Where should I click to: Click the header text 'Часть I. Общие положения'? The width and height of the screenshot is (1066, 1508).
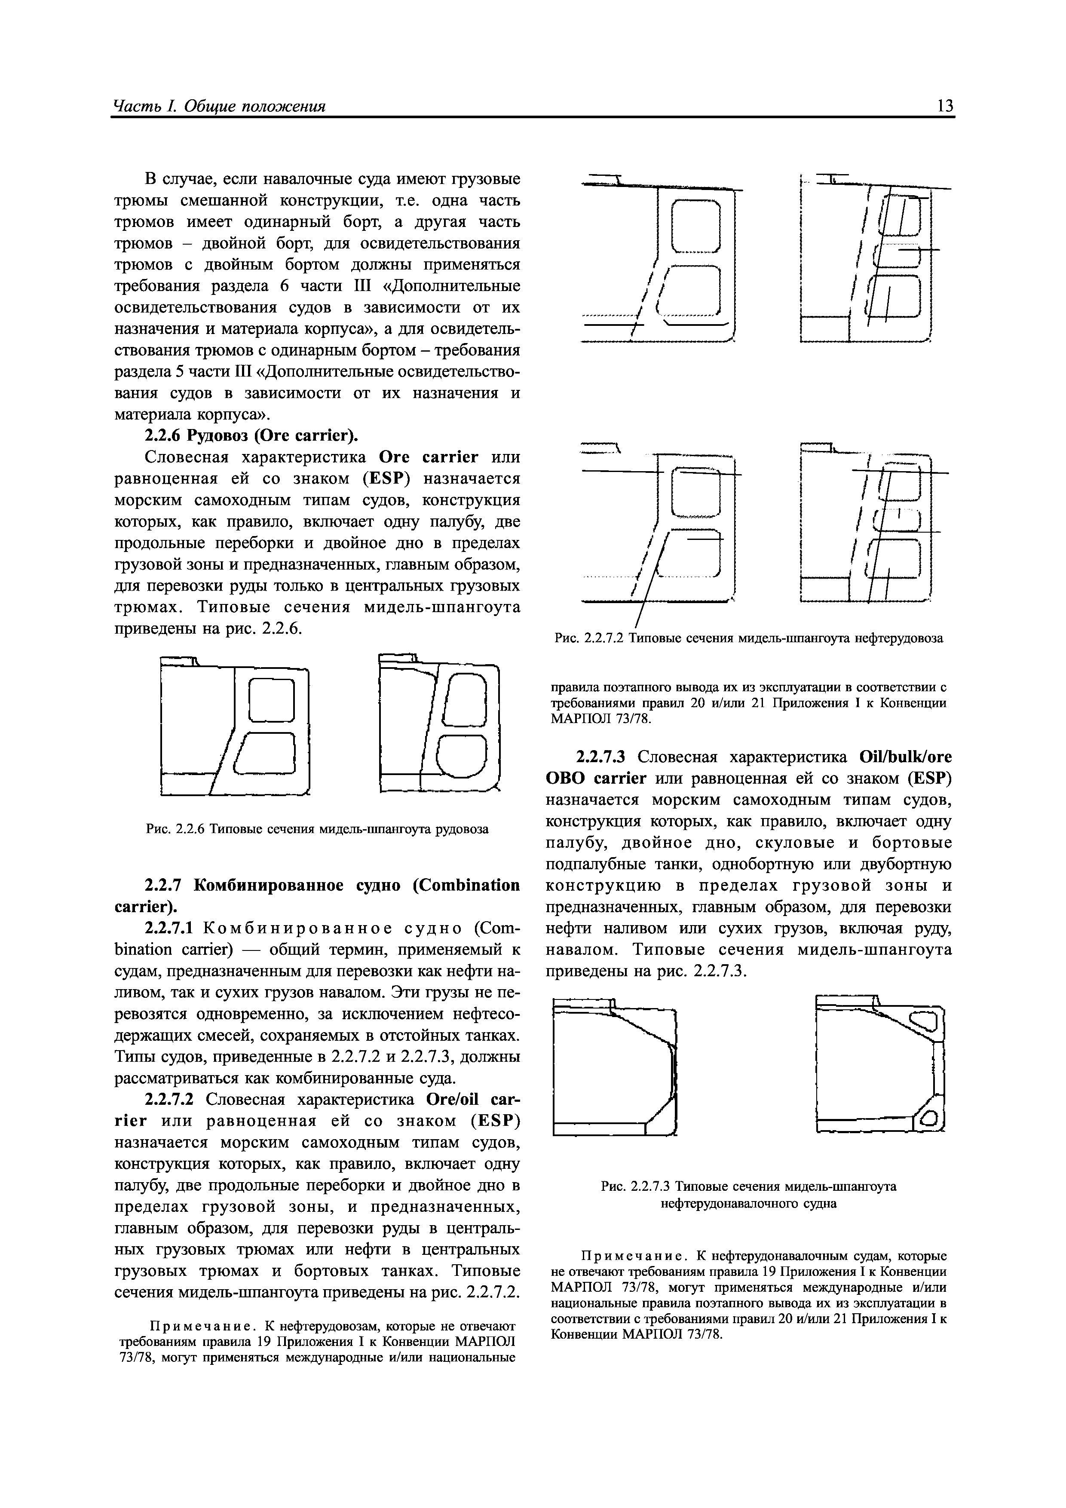click(x=220, y=107)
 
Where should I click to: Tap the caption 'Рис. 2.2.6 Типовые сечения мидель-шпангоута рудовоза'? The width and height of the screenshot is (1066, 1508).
click(x=317, y=829)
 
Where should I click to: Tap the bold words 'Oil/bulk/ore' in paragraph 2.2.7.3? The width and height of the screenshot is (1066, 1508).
click(x=905, y=757)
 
